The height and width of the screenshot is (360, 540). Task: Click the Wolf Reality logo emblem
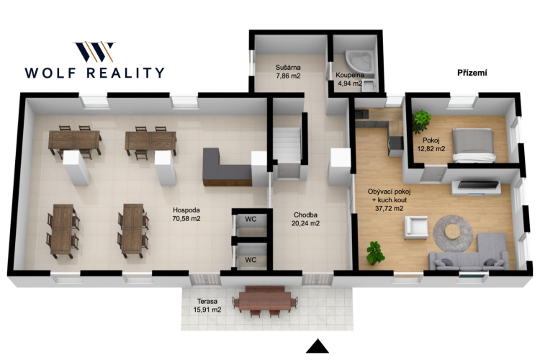94,51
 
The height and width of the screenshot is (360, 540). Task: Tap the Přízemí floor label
472,73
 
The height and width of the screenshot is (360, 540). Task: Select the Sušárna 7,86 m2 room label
288,71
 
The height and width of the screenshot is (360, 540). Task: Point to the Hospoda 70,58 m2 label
186,214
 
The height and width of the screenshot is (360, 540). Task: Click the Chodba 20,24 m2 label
305,219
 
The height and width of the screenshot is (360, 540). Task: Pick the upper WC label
251,219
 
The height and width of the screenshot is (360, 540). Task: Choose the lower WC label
251,260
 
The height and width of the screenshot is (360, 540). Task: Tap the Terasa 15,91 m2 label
207,305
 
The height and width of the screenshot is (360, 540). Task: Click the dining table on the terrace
265,299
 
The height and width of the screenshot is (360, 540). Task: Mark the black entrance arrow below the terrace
318,346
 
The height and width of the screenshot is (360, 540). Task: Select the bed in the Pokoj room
474,145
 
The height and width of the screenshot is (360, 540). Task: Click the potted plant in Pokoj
421,121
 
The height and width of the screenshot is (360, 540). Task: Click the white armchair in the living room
416,227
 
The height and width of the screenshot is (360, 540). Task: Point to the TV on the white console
478,184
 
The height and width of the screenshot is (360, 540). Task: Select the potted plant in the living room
375,253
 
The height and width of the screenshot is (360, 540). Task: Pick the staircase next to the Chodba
287,144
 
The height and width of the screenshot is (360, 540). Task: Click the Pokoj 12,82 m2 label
431,145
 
